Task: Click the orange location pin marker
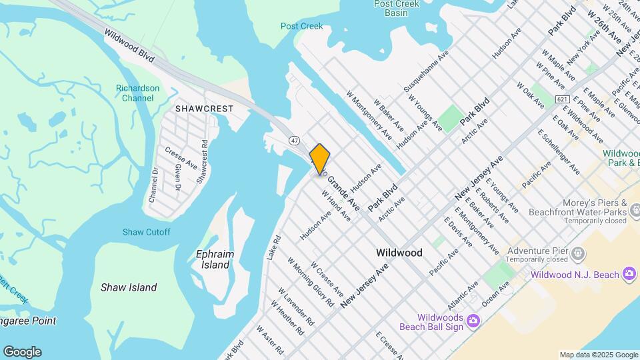pos(320,159)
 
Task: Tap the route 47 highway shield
pos(294,141)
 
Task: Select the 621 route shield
pos(562,99)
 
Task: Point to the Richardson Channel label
pos(138,93)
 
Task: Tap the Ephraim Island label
pos(213,259)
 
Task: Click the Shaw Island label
pos(129,287)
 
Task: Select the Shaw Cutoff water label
pos(146,232)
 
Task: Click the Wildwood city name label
pos(399,253)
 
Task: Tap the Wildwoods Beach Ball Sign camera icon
pos(473,322)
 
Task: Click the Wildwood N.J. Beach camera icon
pos(629,274)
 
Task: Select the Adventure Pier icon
pos(578,253)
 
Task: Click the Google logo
pos(22,352)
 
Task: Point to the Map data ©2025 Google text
pos(598,355)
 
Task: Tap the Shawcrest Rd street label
pos(203,161)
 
